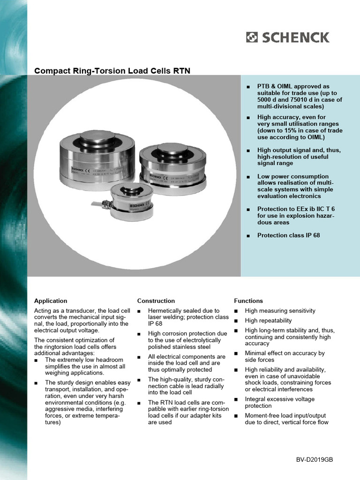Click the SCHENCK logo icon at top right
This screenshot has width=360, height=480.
pyautogui.click(x=252, y=37)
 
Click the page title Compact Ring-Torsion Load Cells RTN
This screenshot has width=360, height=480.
pyautogui.click(x=112, y=71)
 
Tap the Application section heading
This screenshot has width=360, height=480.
pyautogui.click(x=51, y=301)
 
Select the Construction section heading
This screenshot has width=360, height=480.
pyautogui.click(x=156, y=301)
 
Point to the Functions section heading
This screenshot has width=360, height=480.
pyautogui.click(x=248, y=301)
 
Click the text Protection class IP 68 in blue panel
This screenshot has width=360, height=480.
pyautogui.click(x=288, y=235)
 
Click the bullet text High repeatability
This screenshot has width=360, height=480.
pyautogui.click(x=268, y=321)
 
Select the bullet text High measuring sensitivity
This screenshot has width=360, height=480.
pyautogui.click(x=280, y=311)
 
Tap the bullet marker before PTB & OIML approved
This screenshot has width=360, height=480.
pyautogui.click(x=248, y=87)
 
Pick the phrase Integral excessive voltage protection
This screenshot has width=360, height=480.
pyautogui.click(x=279, y=402)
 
